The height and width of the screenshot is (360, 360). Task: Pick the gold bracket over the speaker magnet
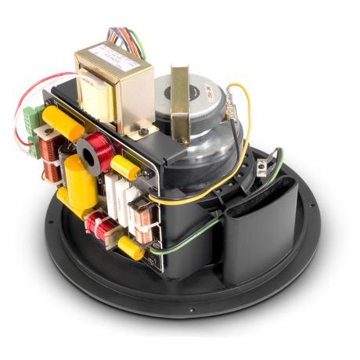[x=182, y=102]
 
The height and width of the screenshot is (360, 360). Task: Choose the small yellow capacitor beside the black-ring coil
[x=126, y=164]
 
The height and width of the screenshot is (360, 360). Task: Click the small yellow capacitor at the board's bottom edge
[x=129, y=250]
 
